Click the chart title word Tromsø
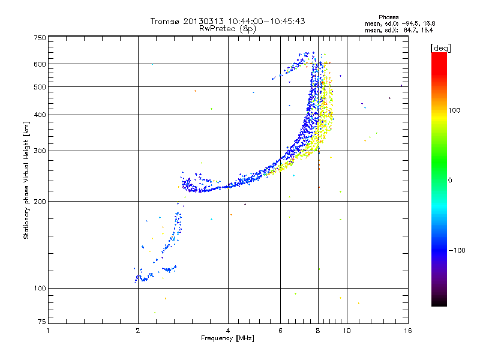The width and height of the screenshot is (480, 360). [166, 21]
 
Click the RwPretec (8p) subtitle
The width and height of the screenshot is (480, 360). [227, 29]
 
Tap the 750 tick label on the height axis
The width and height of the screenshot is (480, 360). [40, 38]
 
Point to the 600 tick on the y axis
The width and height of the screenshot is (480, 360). [40, 64]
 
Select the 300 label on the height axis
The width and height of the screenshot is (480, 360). [40, 151]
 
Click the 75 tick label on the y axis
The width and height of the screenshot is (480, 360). [42, 322]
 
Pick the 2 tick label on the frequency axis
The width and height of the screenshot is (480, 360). [138, 331]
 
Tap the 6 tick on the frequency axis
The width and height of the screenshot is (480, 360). [280, 331]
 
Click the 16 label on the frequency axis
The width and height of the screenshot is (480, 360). [408, 331]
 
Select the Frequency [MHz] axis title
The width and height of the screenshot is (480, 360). [227, 338]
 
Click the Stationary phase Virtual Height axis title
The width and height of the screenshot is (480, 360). [26, 181]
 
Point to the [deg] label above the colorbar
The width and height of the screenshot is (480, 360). [440, 49]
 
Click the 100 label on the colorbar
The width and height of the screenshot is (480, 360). [454, 110]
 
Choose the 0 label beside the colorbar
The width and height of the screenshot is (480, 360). [450, 181]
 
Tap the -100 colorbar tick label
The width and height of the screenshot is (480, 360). [457, 250]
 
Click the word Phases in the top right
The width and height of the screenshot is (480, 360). [388, 17]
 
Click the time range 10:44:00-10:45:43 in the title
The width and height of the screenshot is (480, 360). [266, 21]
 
